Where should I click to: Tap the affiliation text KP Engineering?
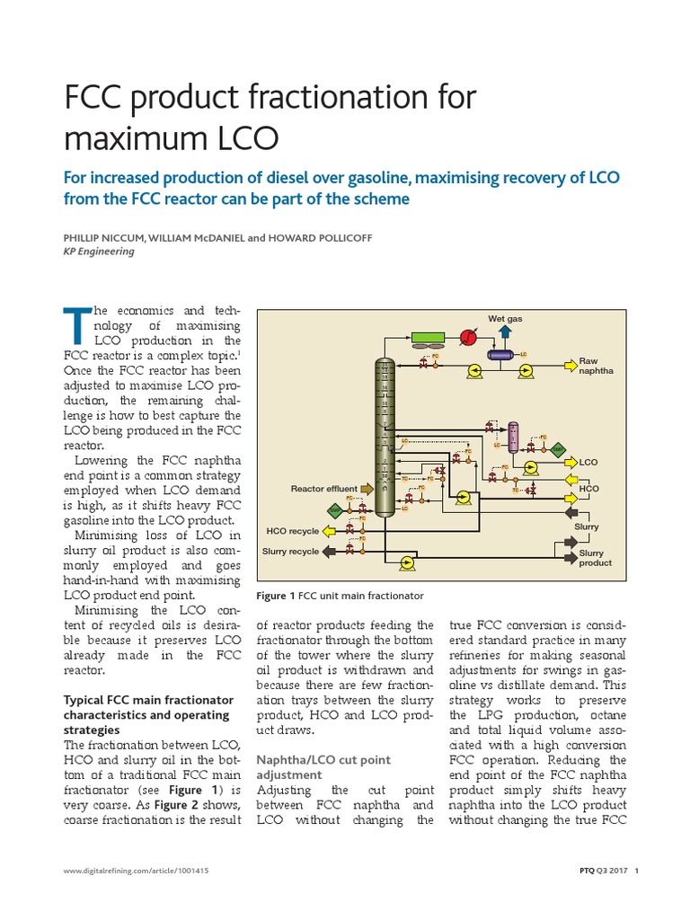click(x=98, y=252)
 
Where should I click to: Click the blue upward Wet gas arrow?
click(x=505, y=332)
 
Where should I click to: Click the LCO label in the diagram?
click(x=588, y=462)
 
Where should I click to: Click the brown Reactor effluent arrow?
click(x=367, y=489)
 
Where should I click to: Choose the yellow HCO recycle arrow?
click(x=329, y=531)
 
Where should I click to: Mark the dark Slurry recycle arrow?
click(x=329, y=552)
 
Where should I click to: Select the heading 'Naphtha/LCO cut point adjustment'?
click(x=323, y=766)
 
